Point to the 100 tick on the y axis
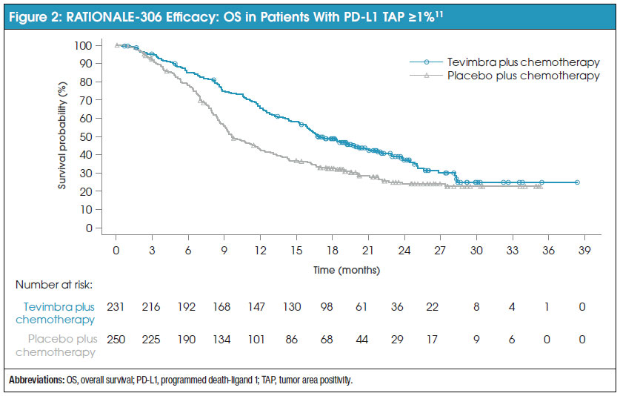[88, 45]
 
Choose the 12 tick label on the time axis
[261, 250]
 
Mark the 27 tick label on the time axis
[441, 250]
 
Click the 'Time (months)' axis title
[346, 268]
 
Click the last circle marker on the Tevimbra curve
[577, 182]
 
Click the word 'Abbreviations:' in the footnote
[35, 380]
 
